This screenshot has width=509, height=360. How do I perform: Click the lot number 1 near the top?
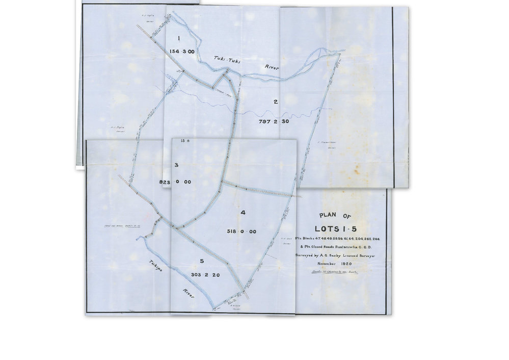click(x=178, y=38)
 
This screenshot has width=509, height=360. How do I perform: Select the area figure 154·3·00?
click(x=181, y=52)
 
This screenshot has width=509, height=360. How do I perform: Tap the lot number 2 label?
click(x=275, y=101)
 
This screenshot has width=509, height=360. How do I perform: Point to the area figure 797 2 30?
click(x=274, y=121)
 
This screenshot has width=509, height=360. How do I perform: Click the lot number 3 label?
click(x=176, y=165)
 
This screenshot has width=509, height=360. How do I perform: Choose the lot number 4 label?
click(x=243, y=212)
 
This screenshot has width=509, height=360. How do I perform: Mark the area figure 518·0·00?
click(x=242, y=231)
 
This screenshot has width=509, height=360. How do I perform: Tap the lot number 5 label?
click(x=202, y=261)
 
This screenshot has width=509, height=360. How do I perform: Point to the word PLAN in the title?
click(x=324, y=215)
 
